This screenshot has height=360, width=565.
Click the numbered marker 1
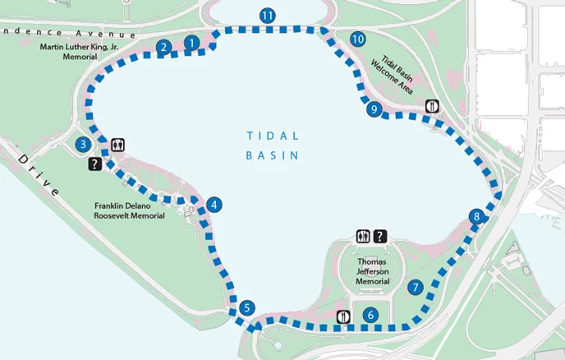(192, 42)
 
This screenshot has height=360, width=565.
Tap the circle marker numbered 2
(164, 48)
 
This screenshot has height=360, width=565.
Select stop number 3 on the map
(82, 145)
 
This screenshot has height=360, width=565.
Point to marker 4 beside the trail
(214, 205)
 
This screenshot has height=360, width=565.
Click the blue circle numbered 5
(247, 309)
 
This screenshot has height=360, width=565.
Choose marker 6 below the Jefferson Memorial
(370, 314)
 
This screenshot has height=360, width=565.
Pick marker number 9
(374, 108)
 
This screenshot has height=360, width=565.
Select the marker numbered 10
(356, 39)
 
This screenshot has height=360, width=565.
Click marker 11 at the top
(266, 16)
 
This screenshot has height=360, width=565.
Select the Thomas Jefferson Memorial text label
(372, 271)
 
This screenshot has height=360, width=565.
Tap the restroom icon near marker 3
(118, 145)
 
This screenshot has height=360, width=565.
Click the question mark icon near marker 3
(94, 164)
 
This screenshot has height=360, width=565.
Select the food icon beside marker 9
(432, 106)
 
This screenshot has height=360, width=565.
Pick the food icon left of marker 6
(344, 316)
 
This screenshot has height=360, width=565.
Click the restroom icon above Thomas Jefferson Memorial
(364, 237)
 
